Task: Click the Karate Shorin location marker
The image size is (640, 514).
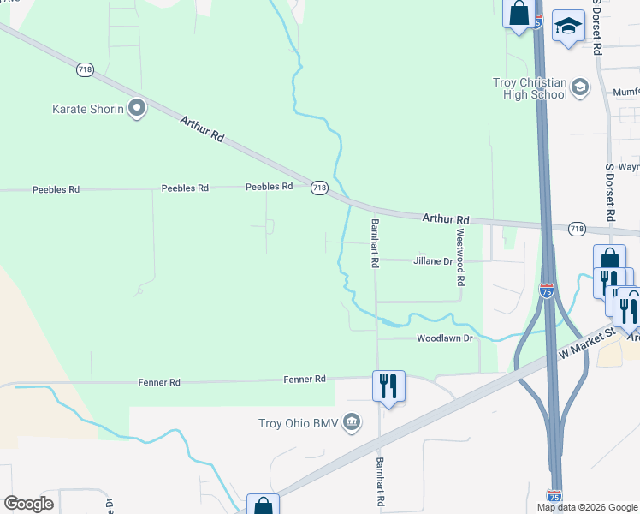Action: click(x=136, y=108)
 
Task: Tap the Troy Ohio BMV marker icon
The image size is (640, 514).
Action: click(x=352, y=422)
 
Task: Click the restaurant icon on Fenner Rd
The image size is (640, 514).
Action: click(x=388, y=385)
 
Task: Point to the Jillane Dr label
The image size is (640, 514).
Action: click(x=432, y=260)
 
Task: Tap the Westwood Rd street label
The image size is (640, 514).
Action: click(x=460, y=256)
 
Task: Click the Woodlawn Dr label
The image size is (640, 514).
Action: click(x=444, y=338)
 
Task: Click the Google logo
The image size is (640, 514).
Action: click(x=28, y=504)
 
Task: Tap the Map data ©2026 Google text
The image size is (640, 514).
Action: click(x=587, y=507)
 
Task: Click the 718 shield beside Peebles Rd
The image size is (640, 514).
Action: click(x=319, y=188)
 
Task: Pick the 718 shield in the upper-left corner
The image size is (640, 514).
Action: click(x=85, y=70)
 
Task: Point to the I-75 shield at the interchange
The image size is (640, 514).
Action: click(x=546, y=291)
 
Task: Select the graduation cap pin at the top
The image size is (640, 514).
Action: click(x=567, y=27)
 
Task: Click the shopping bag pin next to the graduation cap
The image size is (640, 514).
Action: click(x=519, y=15)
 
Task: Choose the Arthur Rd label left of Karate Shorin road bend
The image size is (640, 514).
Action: click(x=202, y=130)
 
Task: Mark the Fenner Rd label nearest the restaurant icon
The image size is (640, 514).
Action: click(x=305, y=379)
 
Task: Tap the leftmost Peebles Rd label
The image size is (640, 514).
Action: click(x=56, y=189)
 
